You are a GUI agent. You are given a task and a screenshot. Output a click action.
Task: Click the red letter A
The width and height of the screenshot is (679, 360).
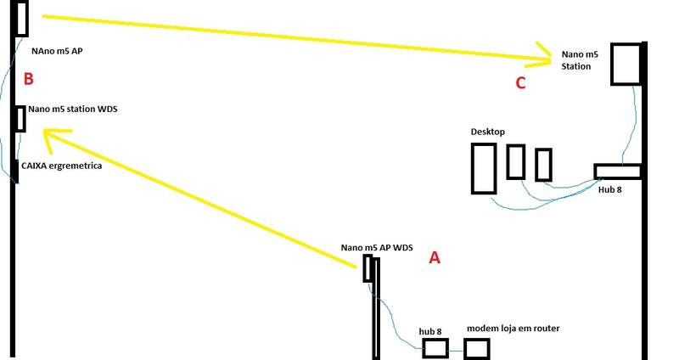point(435,257)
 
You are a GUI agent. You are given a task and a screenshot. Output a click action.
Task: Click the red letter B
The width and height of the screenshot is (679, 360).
point(28,80)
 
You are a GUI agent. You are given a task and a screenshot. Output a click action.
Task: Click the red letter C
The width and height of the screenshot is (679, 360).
point(521,82)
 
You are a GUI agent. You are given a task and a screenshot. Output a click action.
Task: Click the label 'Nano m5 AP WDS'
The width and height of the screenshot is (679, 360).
point(377,248)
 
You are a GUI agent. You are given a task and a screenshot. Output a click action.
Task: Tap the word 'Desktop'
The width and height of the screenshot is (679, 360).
point(488,132)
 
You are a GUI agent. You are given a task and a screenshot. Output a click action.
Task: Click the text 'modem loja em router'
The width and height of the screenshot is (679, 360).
point(513,329)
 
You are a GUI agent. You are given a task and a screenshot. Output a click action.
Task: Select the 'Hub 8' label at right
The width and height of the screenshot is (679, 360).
point(609,190)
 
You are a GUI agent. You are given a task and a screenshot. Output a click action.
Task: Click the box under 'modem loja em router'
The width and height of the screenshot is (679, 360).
point(476,348)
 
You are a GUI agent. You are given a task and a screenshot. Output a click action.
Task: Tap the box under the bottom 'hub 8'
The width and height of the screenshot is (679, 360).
point(435,348)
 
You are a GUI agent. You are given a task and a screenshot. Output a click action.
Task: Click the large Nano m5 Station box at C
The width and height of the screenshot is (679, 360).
point(626,63)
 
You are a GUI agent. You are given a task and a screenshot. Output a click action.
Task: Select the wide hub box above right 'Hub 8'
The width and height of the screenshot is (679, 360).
point(617,171)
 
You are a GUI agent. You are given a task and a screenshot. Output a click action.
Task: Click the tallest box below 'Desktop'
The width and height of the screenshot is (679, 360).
point(484,168)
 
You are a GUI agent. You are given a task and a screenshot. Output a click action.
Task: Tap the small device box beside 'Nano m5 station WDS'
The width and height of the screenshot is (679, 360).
point(20,119)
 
